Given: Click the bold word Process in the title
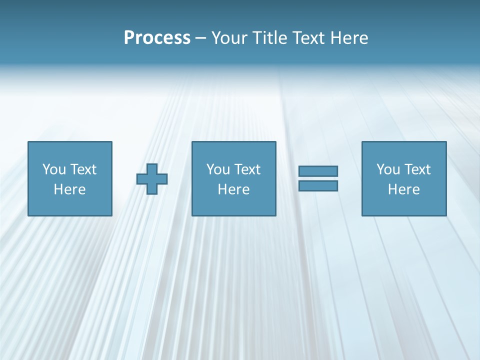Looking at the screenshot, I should (157, 38).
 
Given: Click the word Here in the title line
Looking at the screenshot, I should (349, 38).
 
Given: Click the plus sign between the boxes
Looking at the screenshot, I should (152, 179).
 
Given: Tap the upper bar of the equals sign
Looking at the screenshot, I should (318, 171).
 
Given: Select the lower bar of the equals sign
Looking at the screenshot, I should (318, 185).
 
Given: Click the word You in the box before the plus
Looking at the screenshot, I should (54, 169).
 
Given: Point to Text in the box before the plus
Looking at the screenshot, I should (83, 169).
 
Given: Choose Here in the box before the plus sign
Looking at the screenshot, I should (69, 189).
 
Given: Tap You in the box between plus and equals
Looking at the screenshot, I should (218, 169).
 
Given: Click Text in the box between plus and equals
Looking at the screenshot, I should (247, 169).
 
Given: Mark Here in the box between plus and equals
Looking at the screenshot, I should (233, 189).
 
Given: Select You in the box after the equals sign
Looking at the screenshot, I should (388, 169).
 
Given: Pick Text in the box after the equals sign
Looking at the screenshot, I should (417, 169).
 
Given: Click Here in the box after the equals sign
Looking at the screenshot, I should (403, 189).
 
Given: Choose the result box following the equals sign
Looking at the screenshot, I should (404, 205).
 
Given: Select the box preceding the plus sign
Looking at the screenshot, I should (70, 205).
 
